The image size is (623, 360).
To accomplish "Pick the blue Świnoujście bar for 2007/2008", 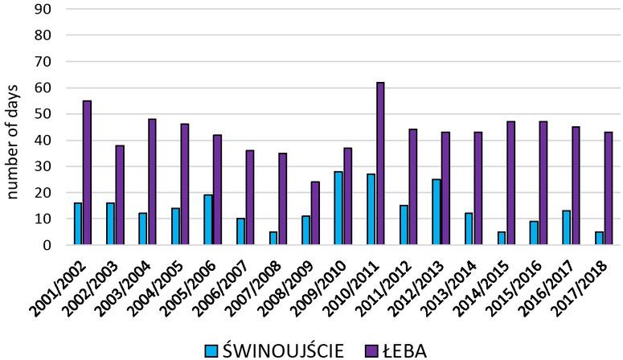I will click(273, 238).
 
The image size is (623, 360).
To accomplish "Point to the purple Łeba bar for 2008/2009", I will click(314, 213).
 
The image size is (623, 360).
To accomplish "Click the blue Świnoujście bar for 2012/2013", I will click(436, 212).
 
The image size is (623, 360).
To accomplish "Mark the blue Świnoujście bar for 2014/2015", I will click(501, 238).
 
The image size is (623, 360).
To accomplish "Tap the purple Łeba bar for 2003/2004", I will click(152, 182).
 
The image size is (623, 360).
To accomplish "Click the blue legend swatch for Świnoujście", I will click(211, 350).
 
